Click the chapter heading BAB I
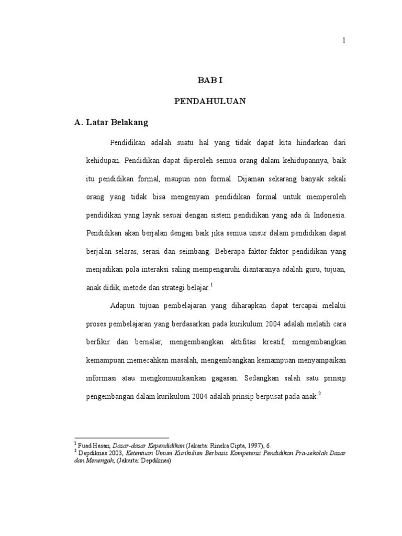coord(210,81)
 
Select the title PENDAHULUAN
coord(210,102)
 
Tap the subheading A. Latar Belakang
coord(111,122)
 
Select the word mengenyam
coord(188,197)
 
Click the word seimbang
coord(193,251)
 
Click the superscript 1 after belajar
coord(211,285)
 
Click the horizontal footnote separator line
coord(122,437)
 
